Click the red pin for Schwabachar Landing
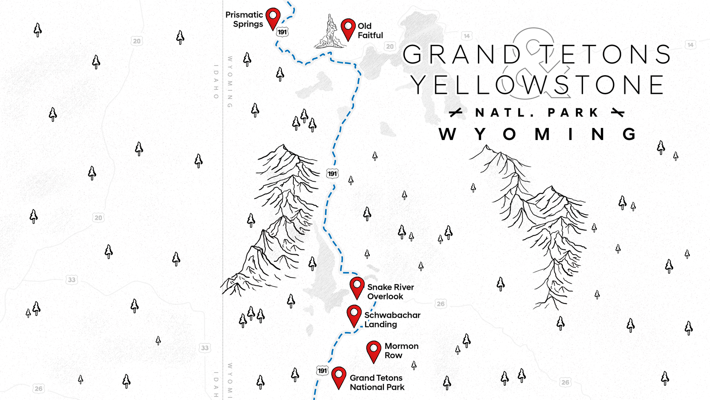click(354, 315)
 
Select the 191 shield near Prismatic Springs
click(282, 32)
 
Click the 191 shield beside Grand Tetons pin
click(323, 371)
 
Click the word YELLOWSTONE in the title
click(537, 85)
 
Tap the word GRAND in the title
click(461, 54)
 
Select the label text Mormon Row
click(401, 351)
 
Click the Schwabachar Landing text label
click(392, 320)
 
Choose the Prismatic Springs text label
click(245, 20)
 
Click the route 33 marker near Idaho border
click(205, 348)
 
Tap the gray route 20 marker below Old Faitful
click(390, 46)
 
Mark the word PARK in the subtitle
click(573, 113)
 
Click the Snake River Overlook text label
click(390, 292)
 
